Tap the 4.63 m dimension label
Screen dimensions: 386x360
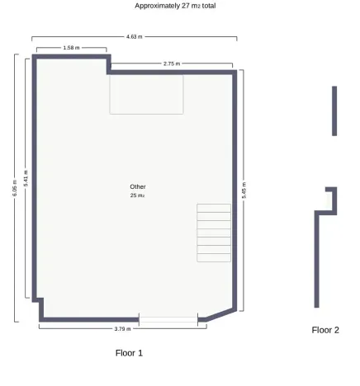tap(134, 37)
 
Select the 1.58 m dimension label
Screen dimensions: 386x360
tap(71, 49)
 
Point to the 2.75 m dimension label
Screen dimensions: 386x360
tap(172, 64)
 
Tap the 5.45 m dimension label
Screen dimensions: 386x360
tap(244, 188)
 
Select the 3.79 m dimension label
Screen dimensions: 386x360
tap(122, 328)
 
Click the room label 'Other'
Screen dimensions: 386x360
tap(138, 186)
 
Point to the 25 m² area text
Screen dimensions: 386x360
tap(138, 195)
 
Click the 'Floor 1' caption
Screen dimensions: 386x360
tap(129, 352)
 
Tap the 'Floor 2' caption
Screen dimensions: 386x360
tap(325, 330)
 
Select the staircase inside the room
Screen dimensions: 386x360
tap(214, 233)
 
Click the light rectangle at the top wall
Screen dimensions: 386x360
tap(146, 94)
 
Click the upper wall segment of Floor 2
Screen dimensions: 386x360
tap(334, 111)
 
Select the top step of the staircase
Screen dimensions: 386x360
tap(214, 208)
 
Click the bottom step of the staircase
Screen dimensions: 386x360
tap(214, 257)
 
